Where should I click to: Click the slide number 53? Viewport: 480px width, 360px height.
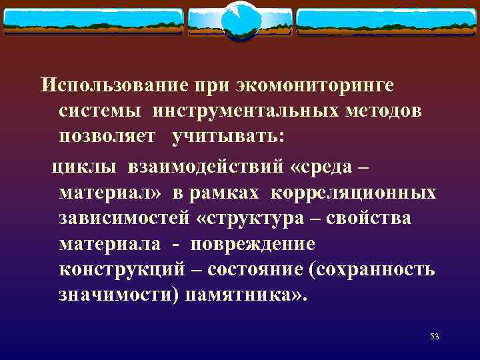[x=435, y=337]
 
